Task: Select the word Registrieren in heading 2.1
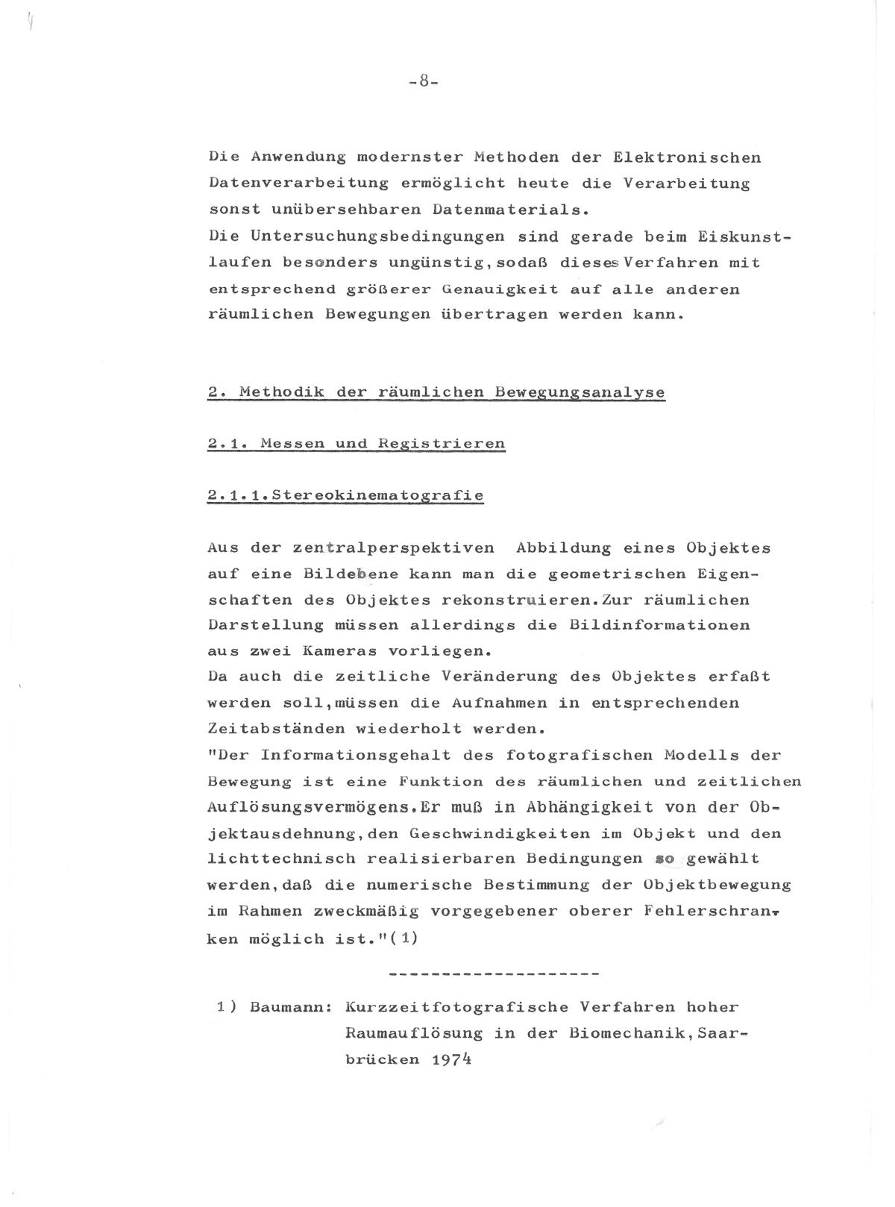click(x=442, y=444)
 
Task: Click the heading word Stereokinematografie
click(x=377, y=495)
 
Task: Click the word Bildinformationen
click(x=659, y=625)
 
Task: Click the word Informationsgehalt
click(x=356, y=755)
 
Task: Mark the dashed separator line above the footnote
click(x=495, y=974)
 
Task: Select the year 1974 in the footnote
click(x=451, y=1059)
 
